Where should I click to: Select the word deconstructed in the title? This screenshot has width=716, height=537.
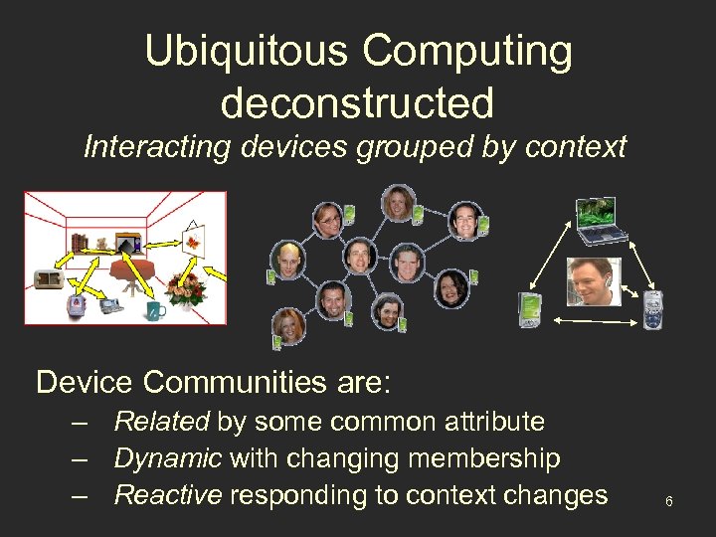click(357, 101)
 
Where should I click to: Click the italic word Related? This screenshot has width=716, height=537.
click(161, 422)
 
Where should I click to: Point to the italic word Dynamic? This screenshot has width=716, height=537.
click(167, 458)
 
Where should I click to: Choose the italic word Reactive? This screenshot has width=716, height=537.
click(168, 495)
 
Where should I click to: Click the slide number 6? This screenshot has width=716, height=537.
click(669, 501)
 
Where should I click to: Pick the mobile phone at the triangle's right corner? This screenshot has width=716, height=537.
click(653, 309)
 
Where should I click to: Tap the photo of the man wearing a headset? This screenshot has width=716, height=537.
click(594, 281)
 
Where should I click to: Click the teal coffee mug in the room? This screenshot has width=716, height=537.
click(154, 310)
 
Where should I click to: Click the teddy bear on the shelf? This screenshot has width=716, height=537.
click(100, 242)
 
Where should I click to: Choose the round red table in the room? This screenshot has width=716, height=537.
click(134, 270)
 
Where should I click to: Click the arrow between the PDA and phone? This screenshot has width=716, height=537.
click(593, 320)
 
